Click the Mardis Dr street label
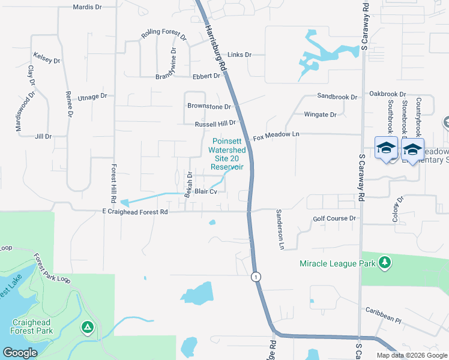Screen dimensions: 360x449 [88, 7]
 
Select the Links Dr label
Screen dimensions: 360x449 [239, 55]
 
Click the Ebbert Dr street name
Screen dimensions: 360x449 [206, 76]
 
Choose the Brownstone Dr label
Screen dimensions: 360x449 [209, 107]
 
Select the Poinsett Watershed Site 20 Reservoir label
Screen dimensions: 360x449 [227, 154]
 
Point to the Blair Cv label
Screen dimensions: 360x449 [205, 191]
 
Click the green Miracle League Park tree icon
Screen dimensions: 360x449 [385, 263]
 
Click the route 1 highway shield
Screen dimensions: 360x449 [256, 277]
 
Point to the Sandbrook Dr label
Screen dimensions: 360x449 [337, 97]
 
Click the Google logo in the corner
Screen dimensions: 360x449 [20, 353]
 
